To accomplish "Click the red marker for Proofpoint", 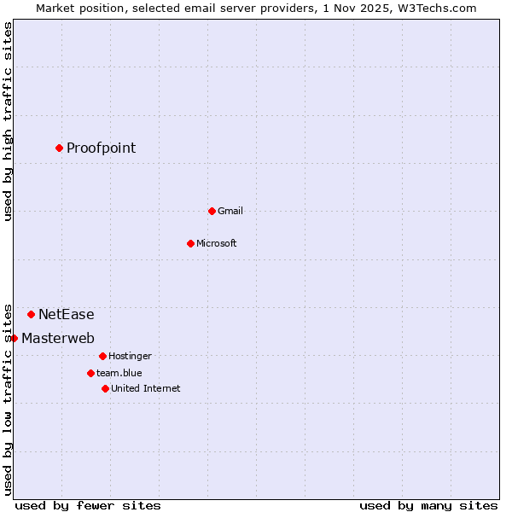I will (x=59, y=148).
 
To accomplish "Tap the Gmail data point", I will (x=212, y=211).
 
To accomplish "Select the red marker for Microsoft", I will (x=190, y=243).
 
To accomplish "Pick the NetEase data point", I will (x=31, y=314).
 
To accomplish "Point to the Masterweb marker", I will (x=14, y=338).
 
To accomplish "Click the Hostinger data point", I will (x=102, y=356).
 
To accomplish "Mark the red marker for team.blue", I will (x=90, y=373).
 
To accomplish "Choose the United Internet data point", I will (x=105, y=388).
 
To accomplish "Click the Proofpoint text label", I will (x=101, y=148).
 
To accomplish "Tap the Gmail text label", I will (x=230, y=211).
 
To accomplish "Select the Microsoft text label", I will (x=216, y=243).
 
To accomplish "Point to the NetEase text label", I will (x=67, y=315).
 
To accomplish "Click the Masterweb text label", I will (x=58, y=339).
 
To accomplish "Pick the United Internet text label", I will (x=145, y=388).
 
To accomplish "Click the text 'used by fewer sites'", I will (x=88, y=505).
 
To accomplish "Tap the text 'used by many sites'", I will (x=428, y=505).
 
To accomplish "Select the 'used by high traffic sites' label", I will (x=8, y=121).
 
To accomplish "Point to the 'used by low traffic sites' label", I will (x=8, y=399).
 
